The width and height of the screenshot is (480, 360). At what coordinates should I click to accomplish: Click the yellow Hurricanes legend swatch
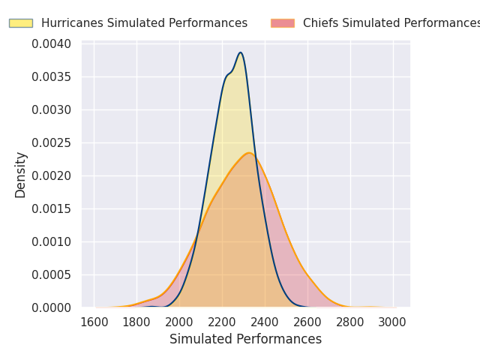click(x=21, y=23)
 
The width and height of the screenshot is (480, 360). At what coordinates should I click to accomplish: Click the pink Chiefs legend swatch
click(x=283, y=23)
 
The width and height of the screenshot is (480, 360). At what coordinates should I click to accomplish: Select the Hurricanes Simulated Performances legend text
click(x=144, y=23)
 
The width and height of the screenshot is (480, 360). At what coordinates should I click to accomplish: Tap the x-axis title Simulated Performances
click(x=245, y=339)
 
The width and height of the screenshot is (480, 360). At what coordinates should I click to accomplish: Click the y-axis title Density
click(x=21, y=175)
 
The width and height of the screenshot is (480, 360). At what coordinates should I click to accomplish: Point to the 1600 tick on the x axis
click(x=94, y=322)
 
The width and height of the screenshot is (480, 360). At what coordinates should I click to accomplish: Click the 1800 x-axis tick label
click(x=136, y=322)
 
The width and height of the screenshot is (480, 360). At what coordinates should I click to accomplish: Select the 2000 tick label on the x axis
click(x=179, y=322)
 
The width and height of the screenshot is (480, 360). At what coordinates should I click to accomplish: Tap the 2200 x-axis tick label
click(x=222, y=322)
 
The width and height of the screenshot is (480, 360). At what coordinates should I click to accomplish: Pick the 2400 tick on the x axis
click(x=265, y=322)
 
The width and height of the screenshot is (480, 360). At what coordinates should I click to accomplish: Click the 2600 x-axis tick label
click(x=308, y=322)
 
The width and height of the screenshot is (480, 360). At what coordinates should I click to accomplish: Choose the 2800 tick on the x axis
click(x=351, y=322)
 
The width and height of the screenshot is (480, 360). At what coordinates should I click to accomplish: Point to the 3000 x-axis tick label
click(x=394, y=322)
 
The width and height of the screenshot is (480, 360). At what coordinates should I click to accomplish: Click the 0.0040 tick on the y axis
click(x=51, y=43)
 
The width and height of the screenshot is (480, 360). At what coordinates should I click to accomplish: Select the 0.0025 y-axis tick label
click(x=51, y=142)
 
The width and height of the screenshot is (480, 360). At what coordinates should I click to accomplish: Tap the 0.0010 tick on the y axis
click(x=51, y=241)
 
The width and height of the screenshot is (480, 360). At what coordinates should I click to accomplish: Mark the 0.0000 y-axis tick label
click(x=51, y=307)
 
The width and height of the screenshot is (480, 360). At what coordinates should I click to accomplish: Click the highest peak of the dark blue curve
click(x=240, y=52)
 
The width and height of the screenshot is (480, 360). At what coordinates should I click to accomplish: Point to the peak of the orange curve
click(x=249, y=153)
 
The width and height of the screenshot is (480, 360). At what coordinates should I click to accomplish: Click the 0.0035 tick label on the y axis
click(x=51, y=76)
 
